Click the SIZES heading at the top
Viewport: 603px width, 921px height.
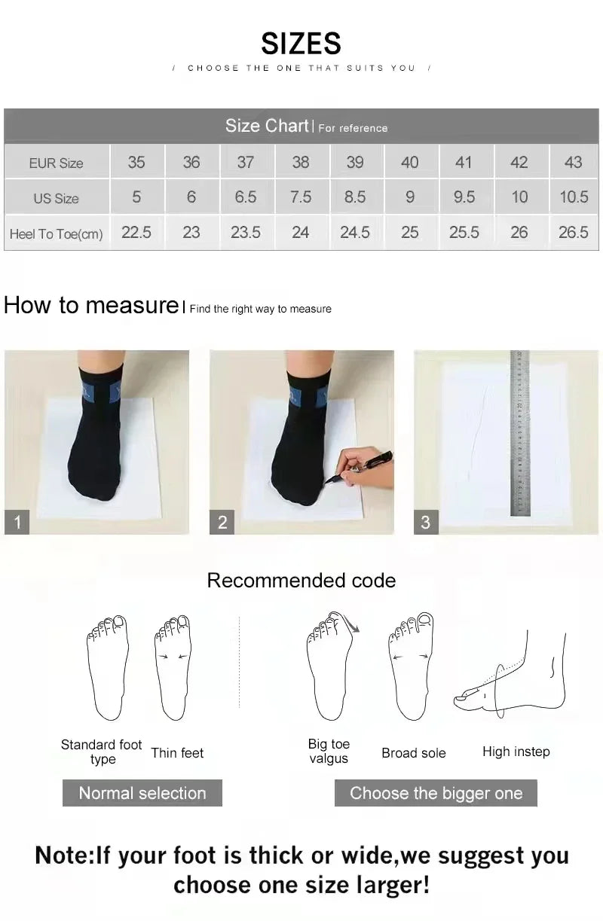(x=301, y=44)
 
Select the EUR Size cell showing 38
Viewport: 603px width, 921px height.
(x=300, y=162)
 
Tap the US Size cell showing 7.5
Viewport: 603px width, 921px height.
(x=300, y=197)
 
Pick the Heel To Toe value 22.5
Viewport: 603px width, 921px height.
(x=136, y=233)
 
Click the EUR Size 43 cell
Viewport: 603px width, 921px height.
(x=573, y=162)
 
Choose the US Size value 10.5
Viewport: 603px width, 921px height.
(x=573, y=197)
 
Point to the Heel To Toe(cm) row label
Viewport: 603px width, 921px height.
(x=56, y=234)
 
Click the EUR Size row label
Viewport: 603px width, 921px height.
(x=56, y=163)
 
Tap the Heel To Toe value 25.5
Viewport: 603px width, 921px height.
(x=464, y=233)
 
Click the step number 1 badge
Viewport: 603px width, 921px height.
(x=17, y=522)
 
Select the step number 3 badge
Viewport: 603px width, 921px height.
(x=426, y=522)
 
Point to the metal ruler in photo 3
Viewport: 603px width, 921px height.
(x=520, y=433)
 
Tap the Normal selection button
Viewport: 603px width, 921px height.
(x=142, y=793)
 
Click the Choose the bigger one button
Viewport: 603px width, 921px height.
(x=436, y=793)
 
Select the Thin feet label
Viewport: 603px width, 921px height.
(x=177, y=752)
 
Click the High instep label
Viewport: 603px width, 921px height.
(x=516, y=752)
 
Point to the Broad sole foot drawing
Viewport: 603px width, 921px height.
(x=411, y=666)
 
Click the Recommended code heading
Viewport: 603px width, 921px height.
(x=301, y=581)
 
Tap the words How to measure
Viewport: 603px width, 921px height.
(x=90, y=305)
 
